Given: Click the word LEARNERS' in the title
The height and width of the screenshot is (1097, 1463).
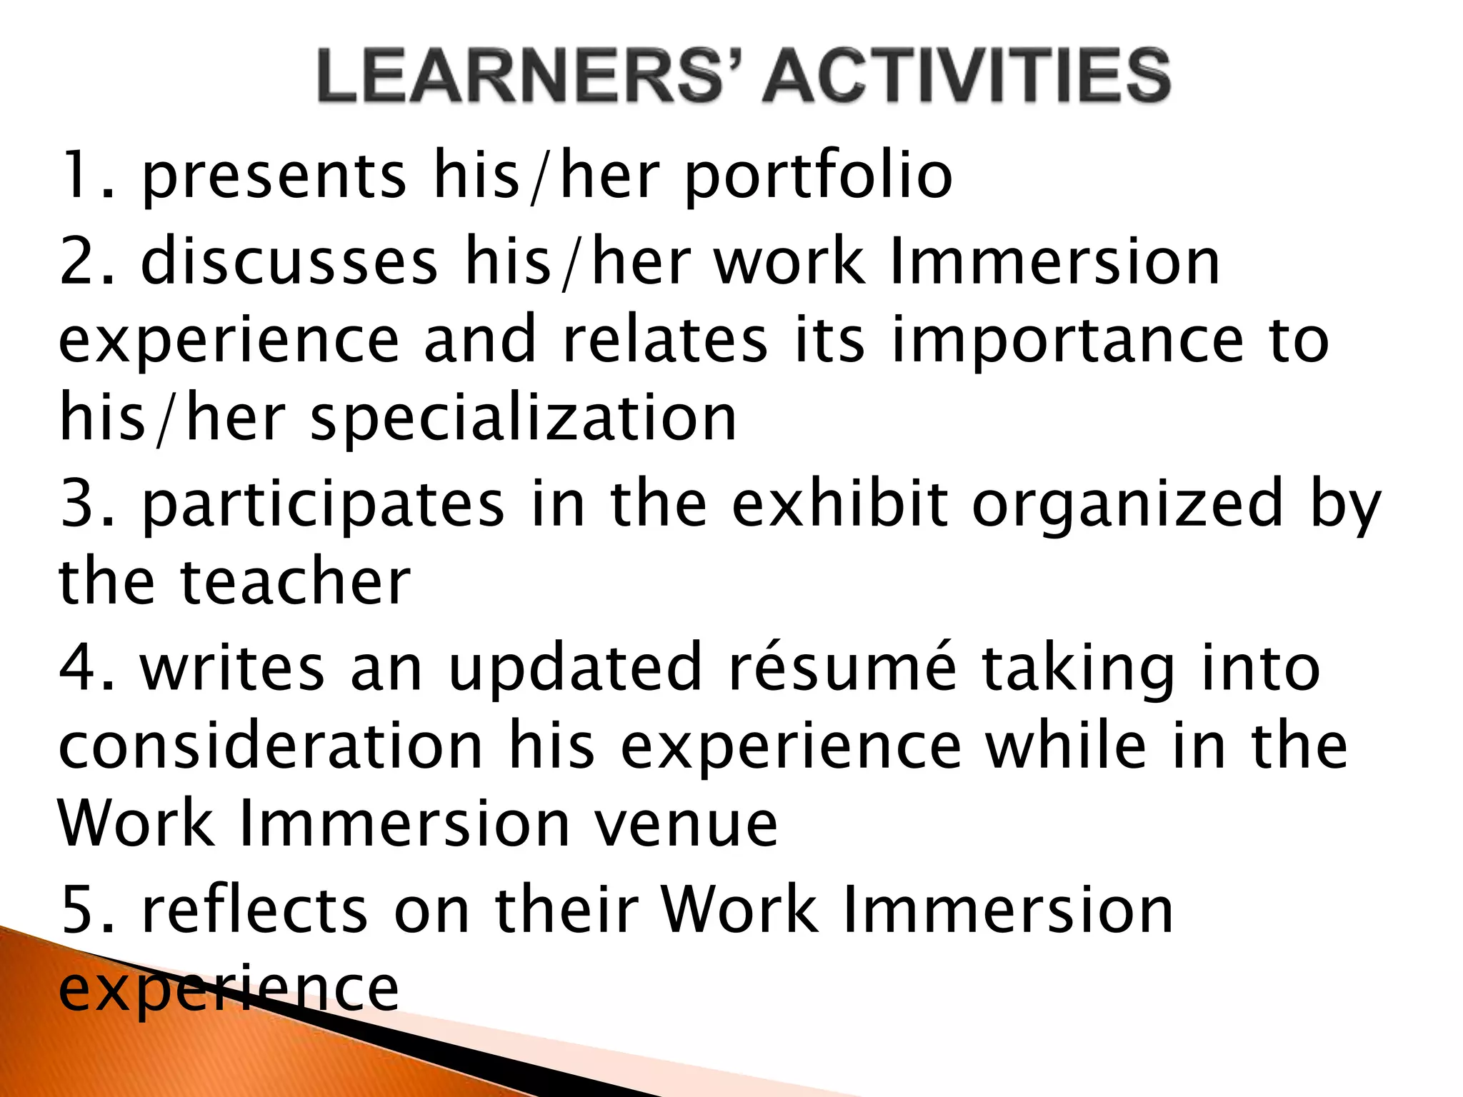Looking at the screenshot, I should tap(529, 75).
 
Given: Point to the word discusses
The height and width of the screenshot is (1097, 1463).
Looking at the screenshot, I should tap(289, 262).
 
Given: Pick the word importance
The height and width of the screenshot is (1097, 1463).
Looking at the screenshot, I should tap(1068, 341).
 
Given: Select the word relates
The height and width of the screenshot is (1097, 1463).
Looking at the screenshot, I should tap(665, 341).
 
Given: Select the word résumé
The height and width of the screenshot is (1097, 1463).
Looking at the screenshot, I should tap(842, 667).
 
